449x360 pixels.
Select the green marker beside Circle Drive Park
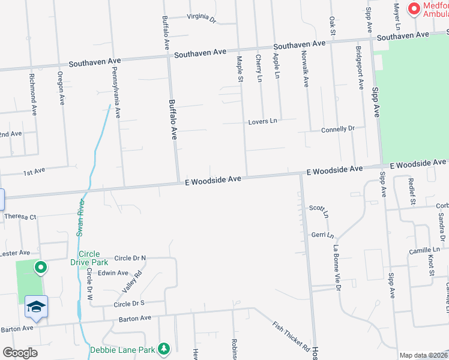[x=40, y=268]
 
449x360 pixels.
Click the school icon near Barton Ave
[x=36, y=307]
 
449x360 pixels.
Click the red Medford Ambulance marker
[x=414, y=9]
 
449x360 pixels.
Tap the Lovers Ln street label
[x=263, y=121]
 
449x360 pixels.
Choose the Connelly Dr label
[x=338, y=129]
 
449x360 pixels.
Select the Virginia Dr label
[x=201, y=18]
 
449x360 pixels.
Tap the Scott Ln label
[x=319, y=210]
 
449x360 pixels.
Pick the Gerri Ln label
[x=322, y=234]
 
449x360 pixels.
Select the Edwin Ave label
[x=113, y=272]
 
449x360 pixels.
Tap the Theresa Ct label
[x=20, y=217]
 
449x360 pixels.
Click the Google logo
[x=20, y=353]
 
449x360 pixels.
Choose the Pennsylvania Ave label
[x=115, y=92]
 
